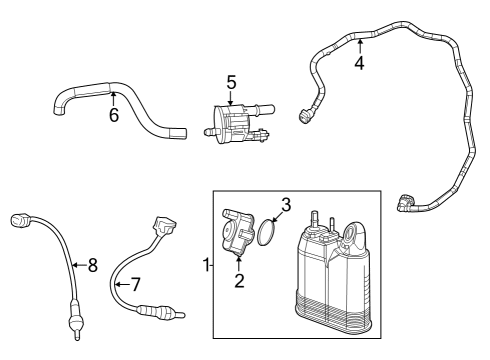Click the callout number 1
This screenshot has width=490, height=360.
click(x=205, y=265)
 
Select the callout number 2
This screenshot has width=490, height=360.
click(x=239, y=280)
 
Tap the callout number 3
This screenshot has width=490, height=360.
click(x=285, y=205)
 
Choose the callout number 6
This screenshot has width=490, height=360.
click(x=114, y=115)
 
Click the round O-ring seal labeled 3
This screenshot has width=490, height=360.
click(x=267, y=234)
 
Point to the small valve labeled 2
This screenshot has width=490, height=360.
click(x=237, y=235)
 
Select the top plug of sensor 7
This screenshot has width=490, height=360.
click(x=163, y=225)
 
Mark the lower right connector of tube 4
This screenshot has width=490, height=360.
click(x=404, y=203)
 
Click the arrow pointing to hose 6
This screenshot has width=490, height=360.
click(x=112, y=97)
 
